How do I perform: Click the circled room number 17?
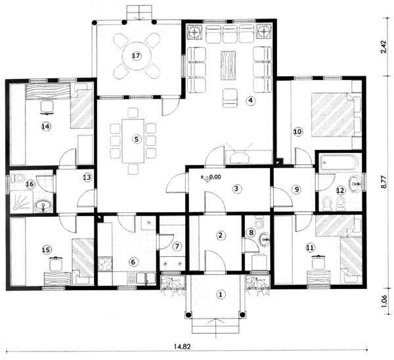[x=136, y=56]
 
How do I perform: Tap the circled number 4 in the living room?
[x=250, y=101]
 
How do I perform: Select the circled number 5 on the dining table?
[x=137, y=139]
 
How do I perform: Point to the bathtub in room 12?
[x=339, y=162]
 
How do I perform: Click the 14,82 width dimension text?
[x=182, y=346]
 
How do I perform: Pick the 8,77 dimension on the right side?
[x=384, y=182]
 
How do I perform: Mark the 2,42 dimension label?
[x=384, y=47]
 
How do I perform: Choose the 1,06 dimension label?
[x=384, y=301]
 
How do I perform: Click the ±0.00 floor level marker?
[x=211, y=177]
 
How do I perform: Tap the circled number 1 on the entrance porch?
[x=221, y=294]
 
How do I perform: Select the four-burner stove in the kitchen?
[x=105, y=264]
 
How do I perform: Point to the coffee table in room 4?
[x=228, y=66]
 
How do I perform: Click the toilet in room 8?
[x=259, y=223]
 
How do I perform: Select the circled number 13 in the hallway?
[x=87, y=177]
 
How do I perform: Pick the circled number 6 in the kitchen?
[x=133, y=262]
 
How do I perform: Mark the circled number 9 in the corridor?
[x=297, y=189]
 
